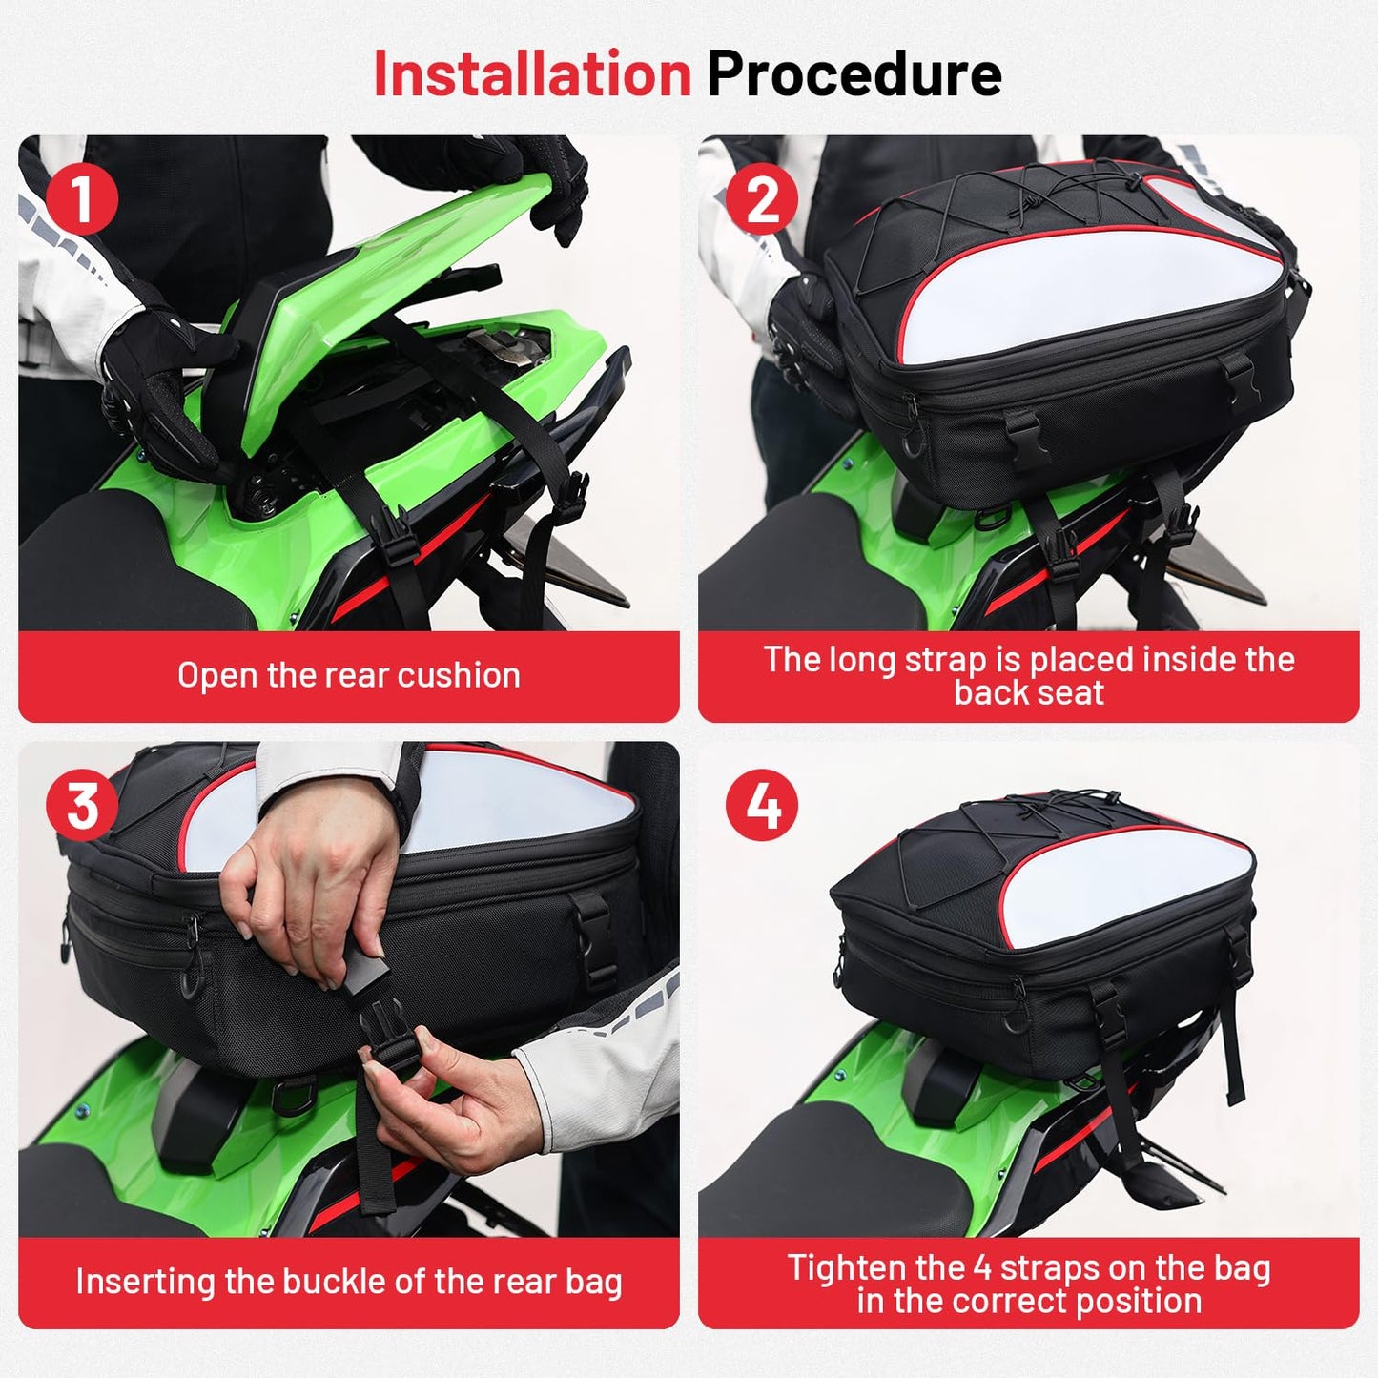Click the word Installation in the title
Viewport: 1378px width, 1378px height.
coord(532,73)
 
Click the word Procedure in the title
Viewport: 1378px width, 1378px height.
coord(854,73)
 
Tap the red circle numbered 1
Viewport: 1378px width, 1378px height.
coord(82,199)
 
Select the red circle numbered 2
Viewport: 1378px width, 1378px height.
coord(762,199)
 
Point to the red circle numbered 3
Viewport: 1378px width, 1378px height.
coord(82,805)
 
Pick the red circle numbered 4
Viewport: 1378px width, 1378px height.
coord(762,805)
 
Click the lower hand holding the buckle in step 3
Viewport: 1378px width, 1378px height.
coord(458,1108)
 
